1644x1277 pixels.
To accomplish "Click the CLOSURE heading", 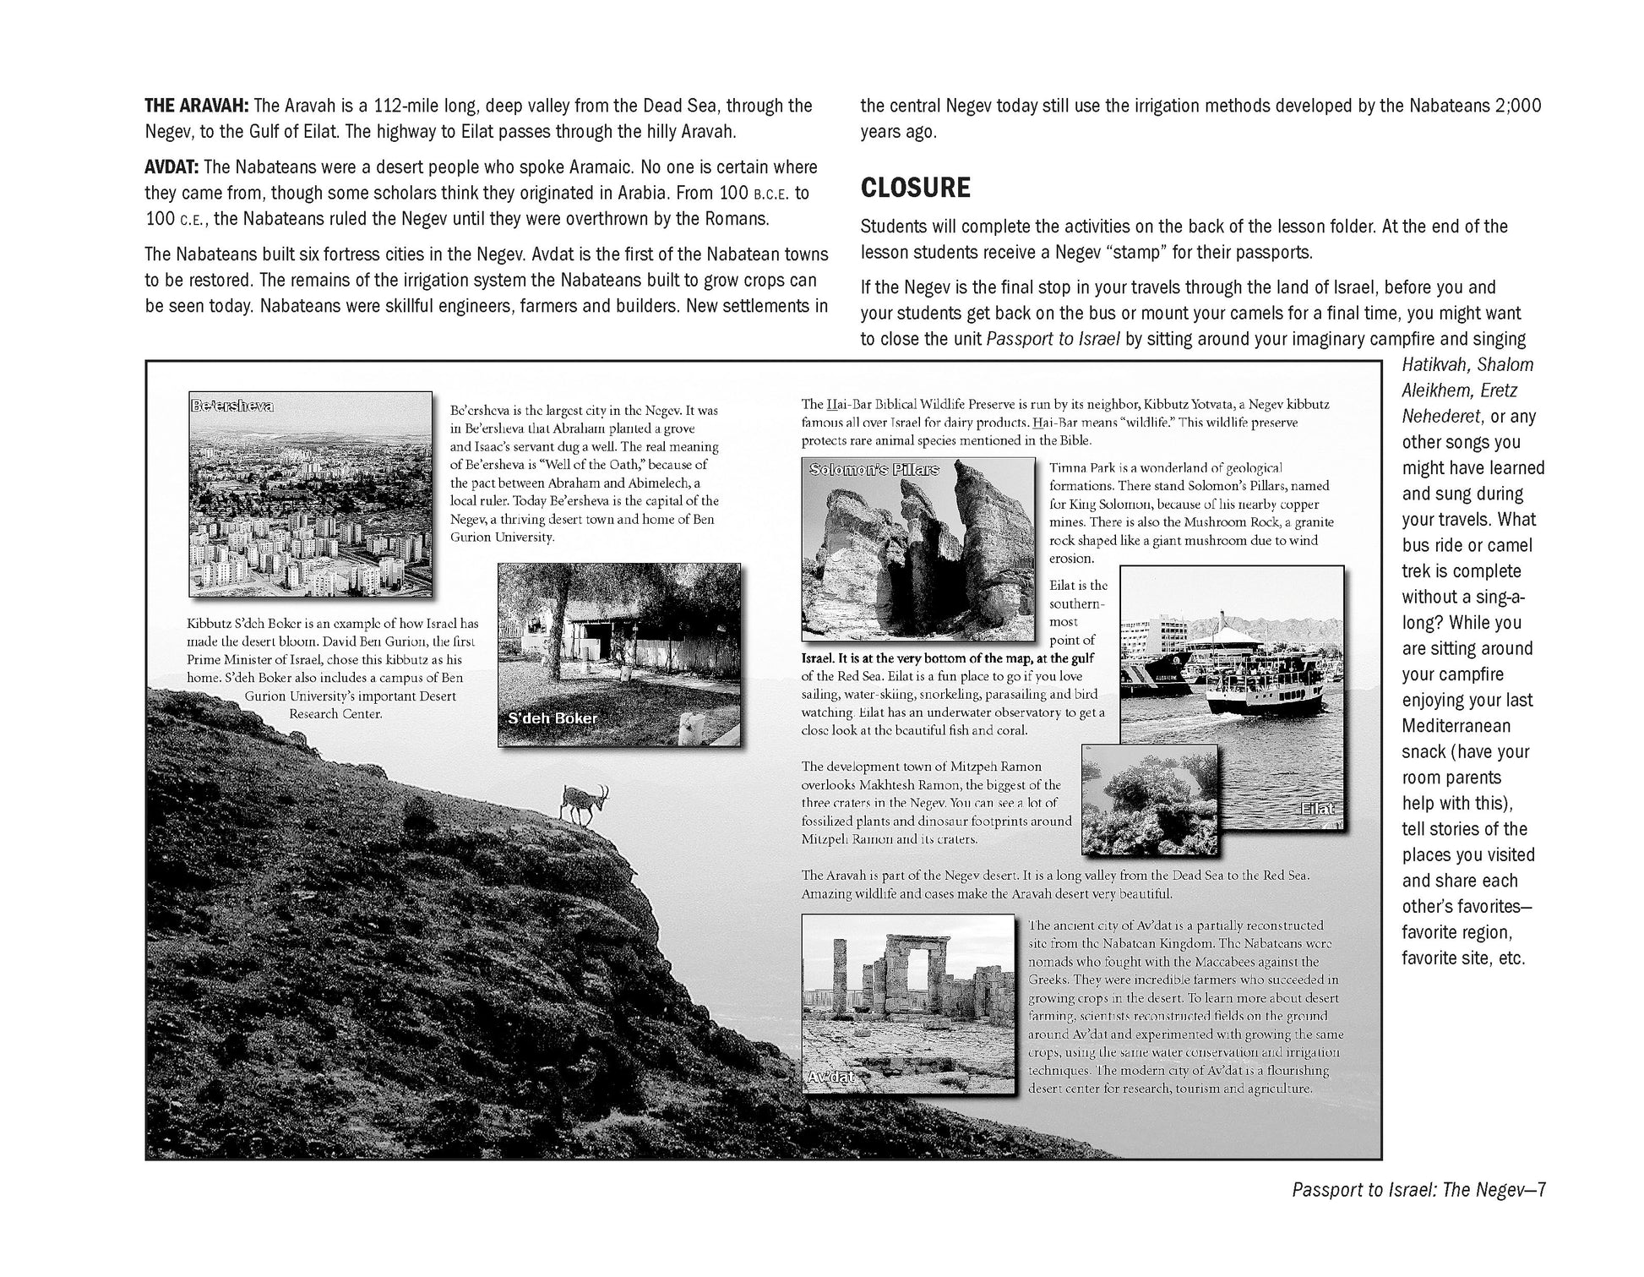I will coord(915,188).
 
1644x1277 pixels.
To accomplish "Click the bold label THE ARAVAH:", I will coord(196,106).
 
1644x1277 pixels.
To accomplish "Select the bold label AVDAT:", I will coord(172,166).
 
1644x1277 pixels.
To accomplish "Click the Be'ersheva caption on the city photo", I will coord(232,406).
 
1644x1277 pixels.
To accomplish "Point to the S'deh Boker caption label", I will coord(553,718).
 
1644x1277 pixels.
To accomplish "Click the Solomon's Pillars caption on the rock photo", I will coord(874,469).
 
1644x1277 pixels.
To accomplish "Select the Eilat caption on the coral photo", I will coord(1318,809).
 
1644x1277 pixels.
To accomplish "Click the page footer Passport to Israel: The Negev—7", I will coord(1418,1190).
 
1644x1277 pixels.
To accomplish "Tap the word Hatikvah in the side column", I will coord(1436,365).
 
